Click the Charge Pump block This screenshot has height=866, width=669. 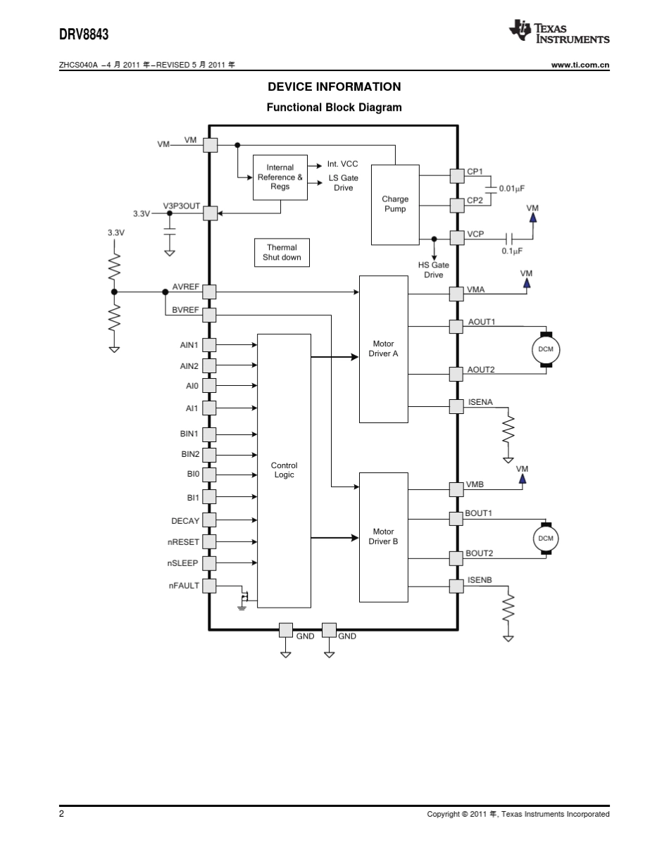coord(395,204)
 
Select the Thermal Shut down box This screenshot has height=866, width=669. coord(282,253)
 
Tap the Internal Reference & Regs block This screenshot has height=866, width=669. coord(280,177)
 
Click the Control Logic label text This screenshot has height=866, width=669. coord(284,470)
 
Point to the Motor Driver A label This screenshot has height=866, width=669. coord(383,349)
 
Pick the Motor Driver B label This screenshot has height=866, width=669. coord(383,536)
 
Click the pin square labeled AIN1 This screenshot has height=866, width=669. coord(210,345)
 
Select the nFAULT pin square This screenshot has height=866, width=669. coord(210,585)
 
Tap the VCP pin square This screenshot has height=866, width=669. coord(457,237)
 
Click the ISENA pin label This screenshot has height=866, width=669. coord(480,402)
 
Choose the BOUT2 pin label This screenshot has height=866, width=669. coord(479,553)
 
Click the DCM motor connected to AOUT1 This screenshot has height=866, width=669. coord(546,349)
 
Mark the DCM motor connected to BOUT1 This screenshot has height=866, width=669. coord(546,539)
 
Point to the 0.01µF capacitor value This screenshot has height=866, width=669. coord(512,189)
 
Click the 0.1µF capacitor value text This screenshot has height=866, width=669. coord(512,251)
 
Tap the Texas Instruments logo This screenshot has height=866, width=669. coord(559,32)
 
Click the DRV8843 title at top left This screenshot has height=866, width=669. coord(84,34)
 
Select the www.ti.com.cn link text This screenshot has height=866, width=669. coord(580,65)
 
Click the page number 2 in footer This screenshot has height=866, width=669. coord(62,813)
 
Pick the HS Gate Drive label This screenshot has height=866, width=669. coord(434,270)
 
